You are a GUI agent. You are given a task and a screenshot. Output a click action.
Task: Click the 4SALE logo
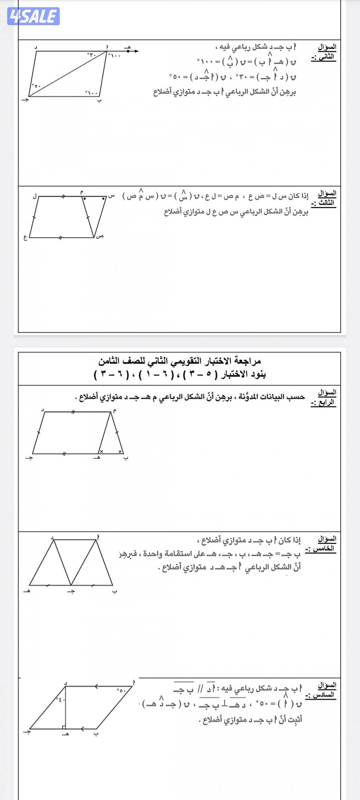pos(33,16)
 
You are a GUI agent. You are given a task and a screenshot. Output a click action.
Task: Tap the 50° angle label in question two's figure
pos(37,86)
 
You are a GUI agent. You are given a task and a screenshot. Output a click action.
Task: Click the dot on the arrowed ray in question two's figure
pos(128,51)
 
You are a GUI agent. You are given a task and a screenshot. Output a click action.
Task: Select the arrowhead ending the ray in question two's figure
pos(136,51)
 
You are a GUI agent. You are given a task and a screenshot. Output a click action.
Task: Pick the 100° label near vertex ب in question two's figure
pos(92,93)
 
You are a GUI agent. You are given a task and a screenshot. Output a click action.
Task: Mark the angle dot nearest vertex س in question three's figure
pos(103,198)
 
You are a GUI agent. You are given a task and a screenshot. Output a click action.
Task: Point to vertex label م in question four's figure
pos(114,410)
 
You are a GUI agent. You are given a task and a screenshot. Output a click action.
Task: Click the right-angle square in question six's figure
pos(63,727)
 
